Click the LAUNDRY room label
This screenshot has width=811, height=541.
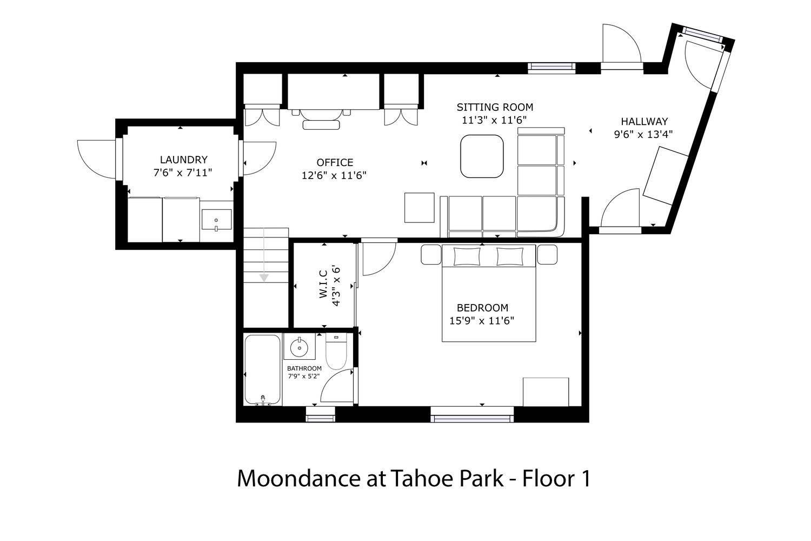click(x=184, y=160)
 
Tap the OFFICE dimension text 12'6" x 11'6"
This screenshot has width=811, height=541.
click(x=334, y=176)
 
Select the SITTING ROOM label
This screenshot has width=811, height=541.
click(x=495, y=107)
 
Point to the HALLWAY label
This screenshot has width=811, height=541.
click(x=644, y=121)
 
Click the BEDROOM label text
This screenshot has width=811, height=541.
click(x=482, y=308)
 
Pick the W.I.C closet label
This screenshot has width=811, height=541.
click(x=323, y=285)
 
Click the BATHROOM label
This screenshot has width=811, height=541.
click(x=304, y=368)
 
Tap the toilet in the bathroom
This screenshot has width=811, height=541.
click(x=336, y=351)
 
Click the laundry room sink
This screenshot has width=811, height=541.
click(x=216, y=219)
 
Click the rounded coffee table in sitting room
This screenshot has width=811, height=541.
click(x=482, y=156)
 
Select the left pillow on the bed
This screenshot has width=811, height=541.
click(x=467, y=256)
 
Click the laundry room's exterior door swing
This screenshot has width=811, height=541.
click(x=96, y=160)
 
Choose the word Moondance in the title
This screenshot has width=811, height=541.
click(x=299, y=478)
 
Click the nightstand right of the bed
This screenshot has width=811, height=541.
click(x=547, y=254)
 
